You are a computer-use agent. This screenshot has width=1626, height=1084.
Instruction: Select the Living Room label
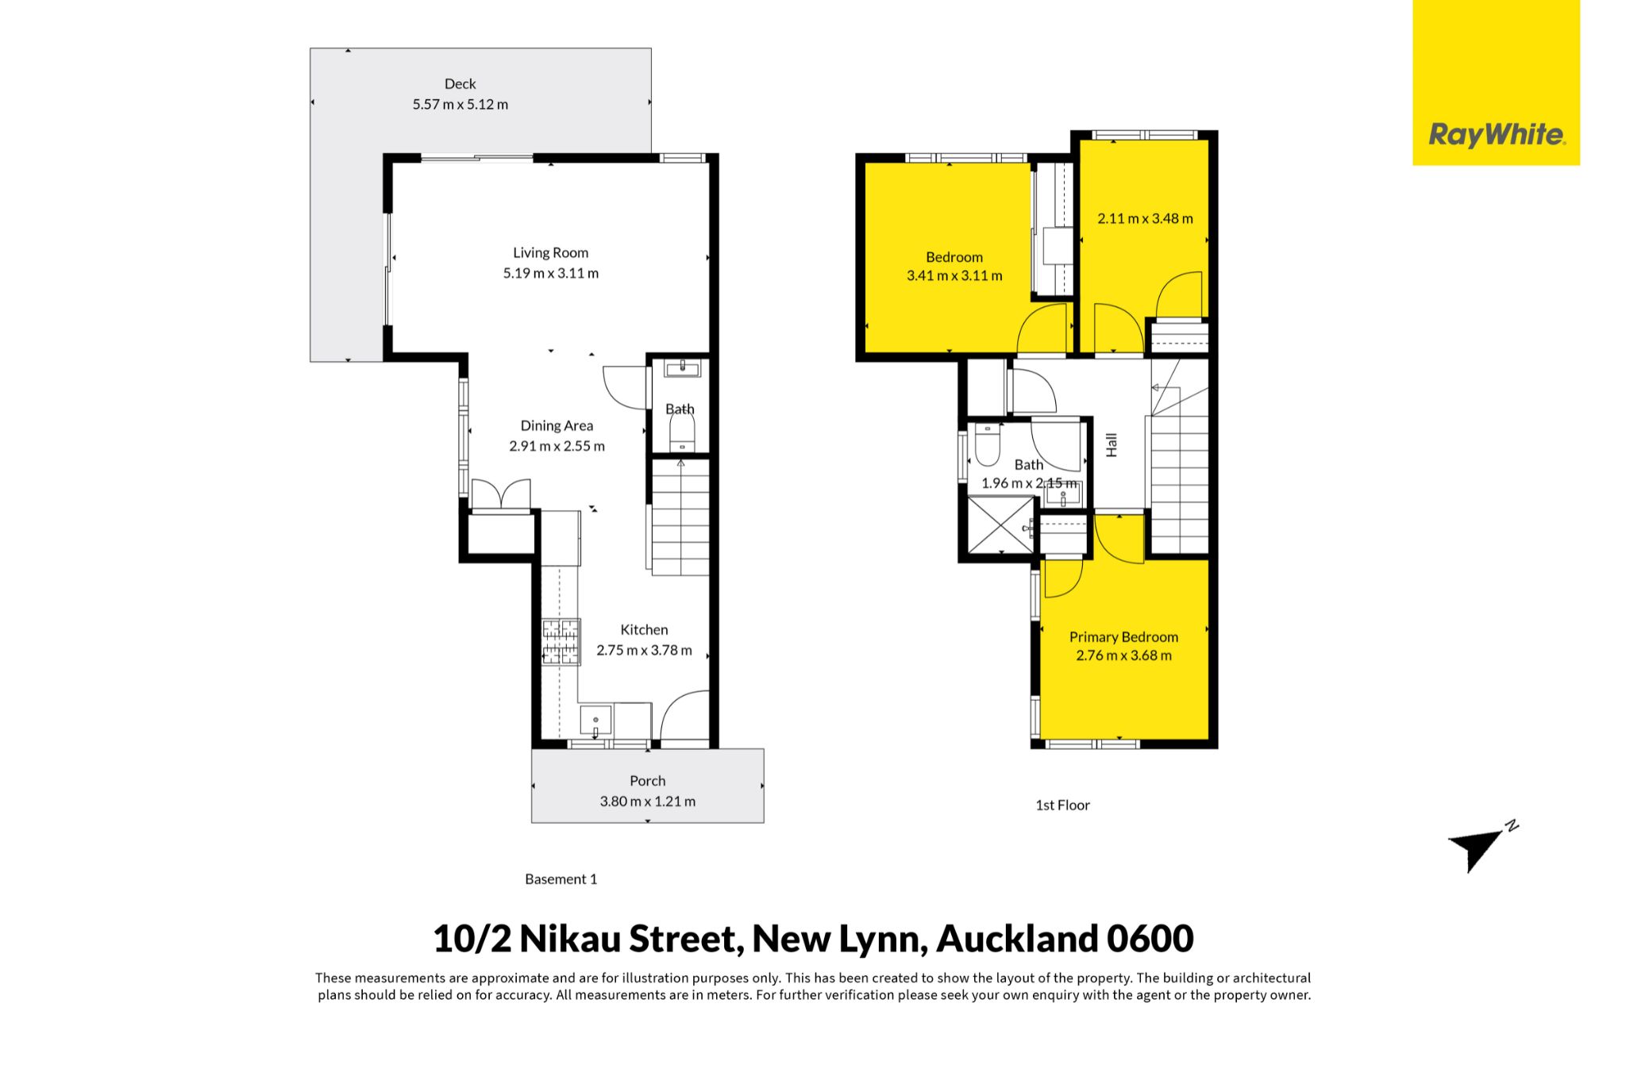coord(550,253)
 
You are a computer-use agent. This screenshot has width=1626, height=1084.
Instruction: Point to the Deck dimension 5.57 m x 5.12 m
coord(460,104)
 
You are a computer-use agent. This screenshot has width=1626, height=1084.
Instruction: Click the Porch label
coord(648,781)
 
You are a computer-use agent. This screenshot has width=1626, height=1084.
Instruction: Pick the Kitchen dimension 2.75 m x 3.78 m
coord(644,650)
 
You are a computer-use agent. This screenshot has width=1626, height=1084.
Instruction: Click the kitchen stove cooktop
coord(561,641)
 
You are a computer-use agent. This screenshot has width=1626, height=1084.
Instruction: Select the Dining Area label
coord(557,426)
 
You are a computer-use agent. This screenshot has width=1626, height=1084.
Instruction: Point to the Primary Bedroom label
coord(1123,637)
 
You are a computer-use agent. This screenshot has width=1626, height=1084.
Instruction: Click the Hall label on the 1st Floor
coord(1112,444)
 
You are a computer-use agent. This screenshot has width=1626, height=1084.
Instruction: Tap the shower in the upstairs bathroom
coord(1001,525)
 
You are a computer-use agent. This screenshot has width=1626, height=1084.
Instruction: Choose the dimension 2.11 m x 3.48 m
coord(1145,218)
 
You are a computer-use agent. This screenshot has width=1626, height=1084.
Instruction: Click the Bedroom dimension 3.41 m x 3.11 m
coord(954,276)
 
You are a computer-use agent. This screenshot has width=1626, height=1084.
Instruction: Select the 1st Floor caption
coord(1062,805)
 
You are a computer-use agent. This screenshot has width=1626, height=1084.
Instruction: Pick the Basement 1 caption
coord(561,879)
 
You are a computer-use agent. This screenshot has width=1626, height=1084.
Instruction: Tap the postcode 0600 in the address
coord(1150,939)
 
